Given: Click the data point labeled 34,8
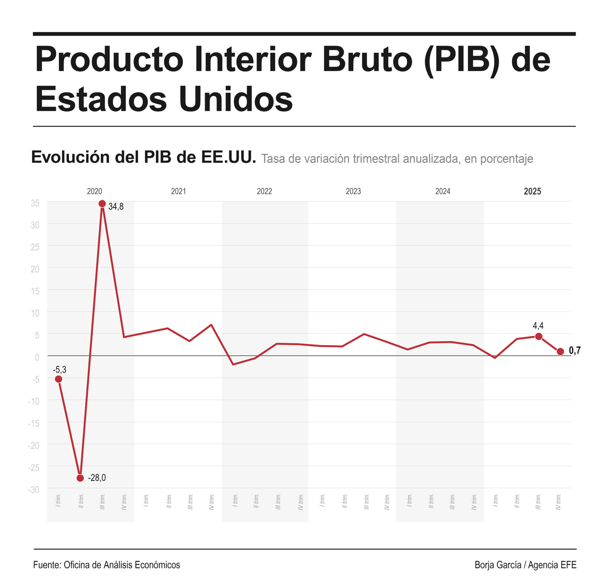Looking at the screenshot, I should coord(102,204).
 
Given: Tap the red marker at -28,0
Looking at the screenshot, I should coord(80,478).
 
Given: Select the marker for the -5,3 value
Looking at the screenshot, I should coord(58,379).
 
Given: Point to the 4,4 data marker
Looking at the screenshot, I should coord(538,336).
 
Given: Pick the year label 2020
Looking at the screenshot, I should coord(94,191).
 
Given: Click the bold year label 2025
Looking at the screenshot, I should coord(532,191).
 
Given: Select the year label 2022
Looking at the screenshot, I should coord(264,191).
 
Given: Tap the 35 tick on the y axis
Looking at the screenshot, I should coord(35,203).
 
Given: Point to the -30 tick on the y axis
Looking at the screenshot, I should coord(33,490).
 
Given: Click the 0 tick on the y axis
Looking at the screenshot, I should coord(37,357).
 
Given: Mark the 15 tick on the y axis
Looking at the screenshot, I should coord(35,291).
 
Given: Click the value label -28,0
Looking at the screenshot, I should coord(97,478).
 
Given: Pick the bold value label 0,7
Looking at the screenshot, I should coord(574,351).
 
